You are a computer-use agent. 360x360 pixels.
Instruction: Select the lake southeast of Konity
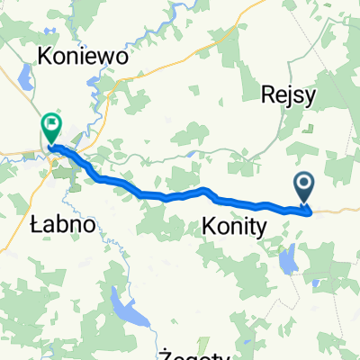tap(288, 261)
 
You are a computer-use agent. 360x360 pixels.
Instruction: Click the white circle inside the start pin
tap(305, 184)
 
